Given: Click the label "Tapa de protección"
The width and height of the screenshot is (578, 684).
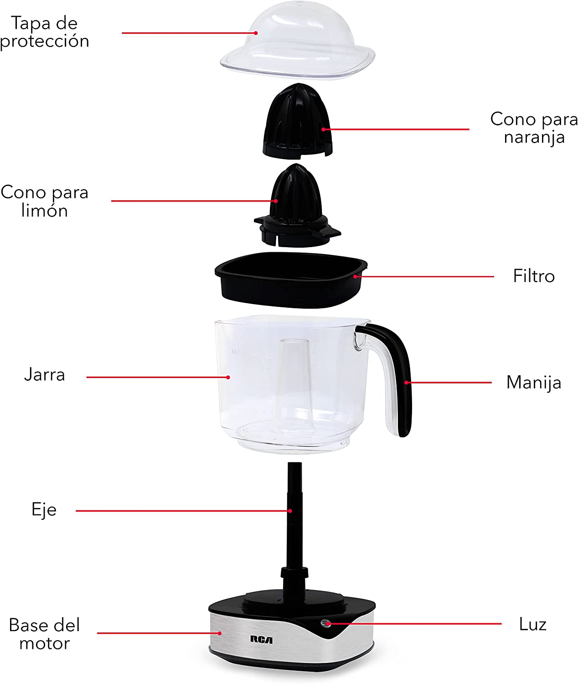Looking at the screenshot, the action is click(45, 32).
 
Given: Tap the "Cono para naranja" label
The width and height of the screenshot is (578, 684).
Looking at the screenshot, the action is click(534, 128).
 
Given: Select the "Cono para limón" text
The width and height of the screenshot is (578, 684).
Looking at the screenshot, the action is click(45, 201).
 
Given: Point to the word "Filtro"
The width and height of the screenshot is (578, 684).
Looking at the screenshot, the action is click(533, 275).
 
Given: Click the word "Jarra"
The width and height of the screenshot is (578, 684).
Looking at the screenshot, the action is click(45, 374).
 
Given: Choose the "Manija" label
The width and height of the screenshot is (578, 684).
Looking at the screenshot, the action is click(534, 383).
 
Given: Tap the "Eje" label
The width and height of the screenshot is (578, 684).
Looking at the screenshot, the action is click(44, 509).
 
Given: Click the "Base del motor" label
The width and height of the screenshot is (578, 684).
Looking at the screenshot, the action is click(45, 634).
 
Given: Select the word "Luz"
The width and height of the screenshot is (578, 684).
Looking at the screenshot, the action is click(532, 624).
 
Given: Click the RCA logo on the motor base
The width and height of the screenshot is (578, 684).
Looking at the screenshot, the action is click(261, 640).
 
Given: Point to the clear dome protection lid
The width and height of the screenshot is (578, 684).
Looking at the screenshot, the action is click(298, 41).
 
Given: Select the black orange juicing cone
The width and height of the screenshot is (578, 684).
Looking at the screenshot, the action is click(298, 121).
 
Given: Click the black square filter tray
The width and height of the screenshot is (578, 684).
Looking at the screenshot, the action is click(291, 280).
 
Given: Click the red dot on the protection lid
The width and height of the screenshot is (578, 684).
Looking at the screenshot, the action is click(256, 33).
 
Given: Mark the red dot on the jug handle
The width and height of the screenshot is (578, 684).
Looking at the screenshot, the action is click(406, 383).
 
